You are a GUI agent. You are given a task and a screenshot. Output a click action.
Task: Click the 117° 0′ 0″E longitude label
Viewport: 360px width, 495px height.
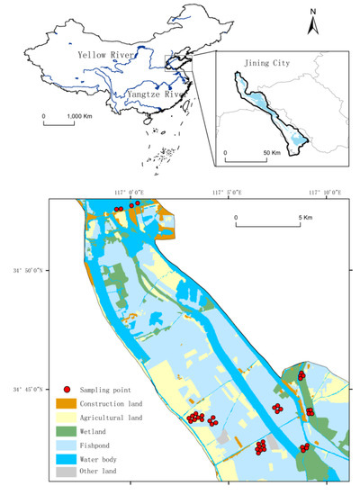pyautogui.click(x=130, y=192)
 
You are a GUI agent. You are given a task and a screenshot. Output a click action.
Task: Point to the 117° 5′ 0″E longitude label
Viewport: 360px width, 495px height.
pyautogui.click(x=228, y=192)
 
